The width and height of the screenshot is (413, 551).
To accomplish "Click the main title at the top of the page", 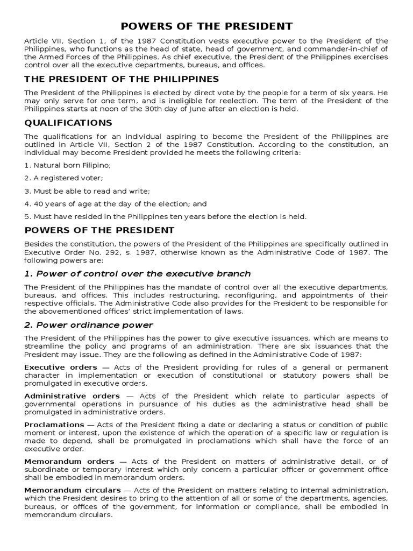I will [206, 26].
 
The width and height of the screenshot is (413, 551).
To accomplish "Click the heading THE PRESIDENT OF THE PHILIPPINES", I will [122, 79].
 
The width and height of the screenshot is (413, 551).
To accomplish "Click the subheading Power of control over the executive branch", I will [138, 273].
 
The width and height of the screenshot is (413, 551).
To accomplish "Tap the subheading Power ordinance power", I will [89, 324].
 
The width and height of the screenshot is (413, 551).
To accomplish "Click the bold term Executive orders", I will [53, 367].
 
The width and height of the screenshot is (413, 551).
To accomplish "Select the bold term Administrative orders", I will [72, 396].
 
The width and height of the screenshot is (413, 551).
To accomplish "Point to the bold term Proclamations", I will [54, 425].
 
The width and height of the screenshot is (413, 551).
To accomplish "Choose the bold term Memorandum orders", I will [69, 461].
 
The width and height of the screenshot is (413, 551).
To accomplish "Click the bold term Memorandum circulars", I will [72, 490].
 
